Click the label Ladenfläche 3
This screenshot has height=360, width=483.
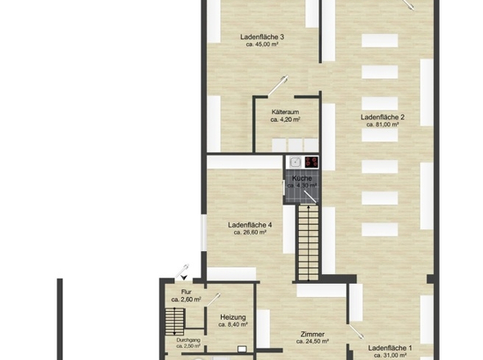click(262, 37)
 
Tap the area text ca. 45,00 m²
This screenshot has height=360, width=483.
click(262, 45)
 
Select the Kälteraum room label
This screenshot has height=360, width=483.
click(285, 110)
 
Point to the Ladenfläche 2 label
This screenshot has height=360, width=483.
click(382, 117)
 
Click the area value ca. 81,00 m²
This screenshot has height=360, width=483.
click(382, 125)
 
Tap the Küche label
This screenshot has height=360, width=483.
click(301, 178)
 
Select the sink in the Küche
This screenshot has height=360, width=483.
click(294, 162)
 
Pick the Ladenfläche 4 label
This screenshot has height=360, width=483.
click(250, 224)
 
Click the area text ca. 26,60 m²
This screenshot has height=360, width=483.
click(250, 232)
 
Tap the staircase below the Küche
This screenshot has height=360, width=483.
click(307, 241)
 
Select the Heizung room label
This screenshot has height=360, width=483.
click(232, 317)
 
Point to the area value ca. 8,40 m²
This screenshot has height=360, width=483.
click(232, 325)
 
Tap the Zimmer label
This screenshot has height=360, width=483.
click(313, 334)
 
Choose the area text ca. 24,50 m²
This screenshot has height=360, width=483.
click(313, 342)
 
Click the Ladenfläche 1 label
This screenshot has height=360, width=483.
click(390, 348)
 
